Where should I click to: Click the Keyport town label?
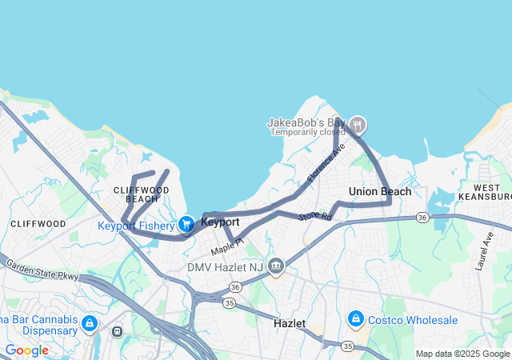pos(220,222)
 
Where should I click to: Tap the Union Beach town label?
pos(380,191)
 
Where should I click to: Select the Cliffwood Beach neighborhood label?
pos(142,194)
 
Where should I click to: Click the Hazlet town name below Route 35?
pos(290,323)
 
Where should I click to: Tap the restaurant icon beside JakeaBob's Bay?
pos(358,125)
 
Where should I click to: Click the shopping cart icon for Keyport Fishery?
pos(186,225)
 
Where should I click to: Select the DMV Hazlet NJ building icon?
pos(276,266)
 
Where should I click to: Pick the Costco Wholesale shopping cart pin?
pos(355,320)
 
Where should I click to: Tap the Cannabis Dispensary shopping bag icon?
pos(89,324)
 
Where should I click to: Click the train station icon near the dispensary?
pos(118,330)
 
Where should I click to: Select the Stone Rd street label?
pos(315,216)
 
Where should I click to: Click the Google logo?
pos(26,350)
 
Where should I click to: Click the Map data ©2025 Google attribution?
pos(462,354)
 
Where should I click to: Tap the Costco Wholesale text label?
pos(414,320)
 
